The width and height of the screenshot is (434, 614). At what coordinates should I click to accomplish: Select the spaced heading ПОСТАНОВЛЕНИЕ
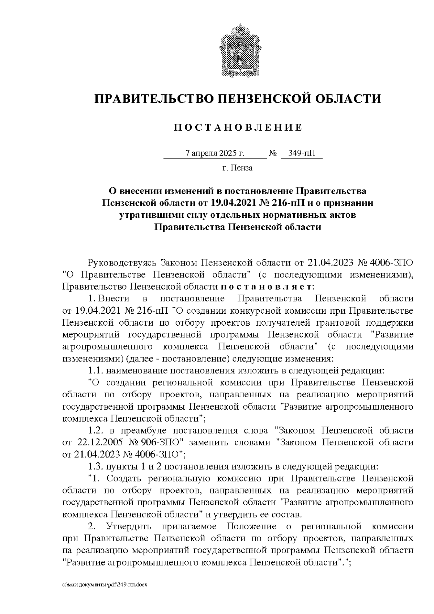tap(238, 127)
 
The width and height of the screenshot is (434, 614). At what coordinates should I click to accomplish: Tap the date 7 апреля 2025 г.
tap(215, 153)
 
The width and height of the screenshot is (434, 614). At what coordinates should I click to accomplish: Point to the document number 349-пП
tap(302, 153)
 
